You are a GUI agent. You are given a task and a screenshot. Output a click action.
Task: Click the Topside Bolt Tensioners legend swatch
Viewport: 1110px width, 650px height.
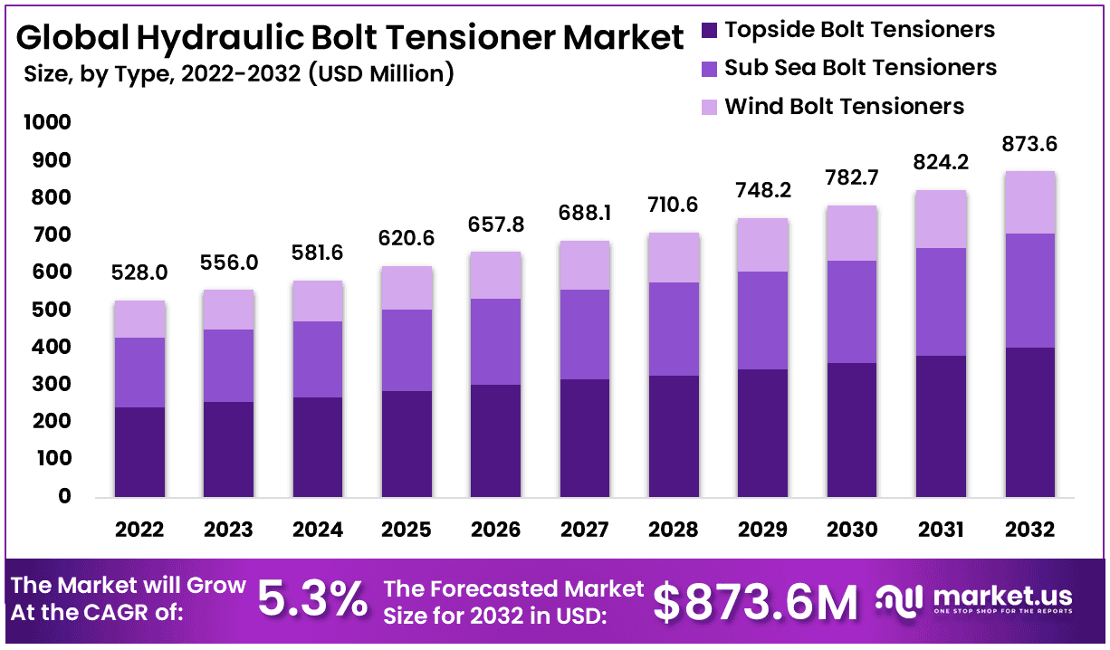click(710, 30)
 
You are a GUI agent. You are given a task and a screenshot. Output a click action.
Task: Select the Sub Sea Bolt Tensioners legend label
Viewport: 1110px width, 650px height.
click(860, 68)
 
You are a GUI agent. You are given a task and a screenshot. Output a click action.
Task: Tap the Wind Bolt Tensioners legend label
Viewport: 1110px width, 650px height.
click(844, 107)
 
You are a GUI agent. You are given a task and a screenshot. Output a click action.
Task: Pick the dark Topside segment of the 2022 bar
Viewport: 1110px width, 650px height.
click(139, 451)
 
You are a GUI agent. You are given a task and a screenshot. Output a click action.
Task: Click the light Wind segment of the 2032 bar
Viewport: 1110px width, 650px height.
click(1030, 202)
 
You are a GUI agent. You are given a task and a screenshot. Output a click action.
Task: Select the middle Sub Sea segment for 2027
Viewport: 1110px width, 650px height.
click(585, 334)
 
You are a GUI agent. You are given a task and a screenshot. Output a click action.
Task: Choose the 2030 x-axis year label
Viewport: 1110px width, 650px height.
click(852, 530)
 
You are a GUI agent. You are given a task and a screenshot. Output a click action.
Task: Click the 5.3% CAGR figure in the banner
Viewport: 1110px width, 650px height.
click(312, 599)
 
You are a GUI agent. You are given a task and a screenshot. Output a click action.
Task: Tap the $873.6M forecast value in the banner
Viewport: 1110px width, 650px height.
click(755, 601)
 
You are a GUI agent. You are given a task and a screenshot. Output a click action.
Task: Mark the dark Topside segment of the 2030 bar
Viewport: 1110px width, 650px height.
click(852, 429)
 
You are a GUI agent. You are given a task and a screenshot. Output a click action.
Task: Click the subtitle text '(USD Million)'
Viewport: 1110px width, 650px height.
click(380, 73)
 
